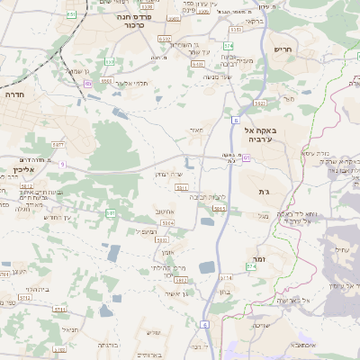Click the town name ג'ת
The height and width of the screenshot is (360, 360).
264,192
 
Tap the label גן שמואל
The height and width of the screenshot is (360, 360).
76,71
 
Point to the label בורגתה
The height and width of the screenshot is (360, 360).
107,345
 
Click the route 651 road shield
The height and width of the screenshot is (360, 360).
71,14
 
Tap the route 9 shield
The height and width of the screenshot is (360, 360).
62,164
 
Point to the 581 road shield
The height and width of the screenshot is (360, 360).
111,212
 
